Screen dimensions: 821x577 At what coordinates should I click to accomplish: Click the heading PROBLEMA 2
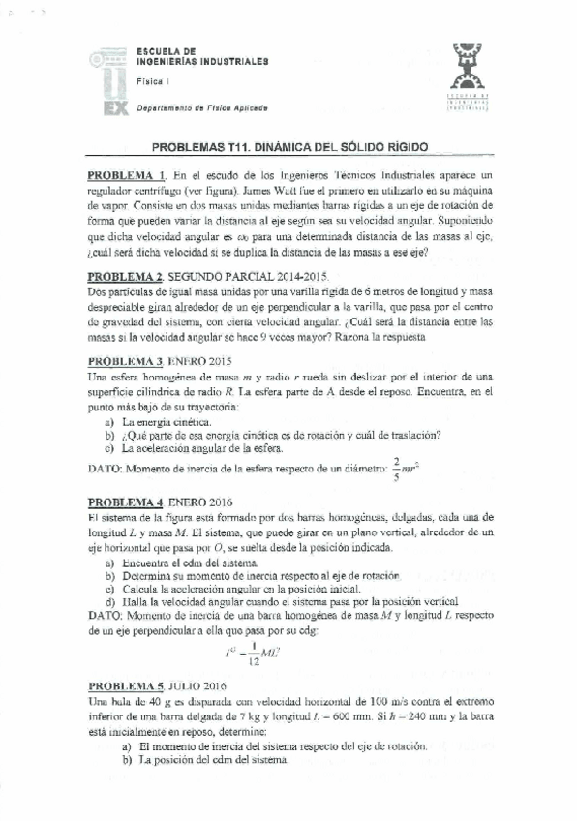tap(126, 277)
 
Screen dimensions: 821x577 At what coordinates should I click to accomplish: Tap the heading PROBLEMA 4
tap(126, 502)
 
